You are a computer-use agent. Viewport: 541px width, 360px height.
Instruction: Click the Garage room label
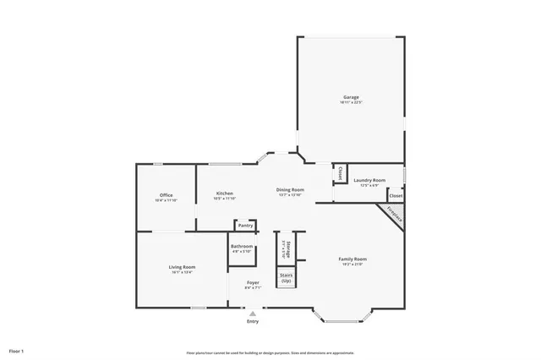[x=351, y=96]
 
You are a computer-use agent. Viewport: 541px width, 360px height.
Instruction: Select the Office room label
[x=166, y=194]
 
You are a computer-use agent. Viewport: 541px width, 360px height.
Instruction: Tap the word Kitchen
[x=224, y=194]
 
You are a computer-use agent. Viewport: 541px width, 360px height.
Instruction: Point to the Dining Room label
[x=290, y=189]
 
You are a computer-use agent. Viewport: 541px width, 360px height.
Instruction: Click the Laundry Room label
[x=369, y=180]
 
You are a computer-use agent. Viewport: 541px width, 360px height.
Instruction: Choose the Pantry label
[x=245, y=226]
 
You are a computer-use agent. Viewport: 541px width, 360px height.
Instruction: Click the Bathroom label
[x=242, y=246]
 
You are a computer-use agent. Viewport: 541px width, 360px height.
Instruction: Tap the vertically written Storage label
[x=288, y=248]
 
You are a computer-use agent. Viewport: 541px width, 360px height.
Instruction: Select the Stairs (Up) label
[x=286, y=277]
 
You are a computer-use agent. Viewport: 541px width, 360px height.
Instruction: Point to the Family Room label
[x=352, y=259]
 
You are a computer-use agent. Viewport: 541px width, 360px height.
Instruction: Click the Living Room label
[x=182, y=267]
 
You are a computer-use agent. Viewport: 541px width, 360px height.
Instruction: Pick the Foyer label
[x=253, y=282]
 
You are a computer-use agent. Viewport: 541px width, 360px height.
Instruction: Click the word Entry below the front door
[x=253, y=321]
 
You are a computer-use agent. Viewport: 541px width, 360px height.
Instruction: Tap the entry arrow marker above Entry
[x=252, y=313]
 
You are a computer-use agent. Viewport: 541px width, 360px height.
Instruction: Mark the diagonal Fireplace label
[x=394, y=214]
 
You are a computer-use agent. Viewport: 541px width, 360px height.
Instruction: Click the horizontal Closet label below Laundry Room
[x=395, y=195]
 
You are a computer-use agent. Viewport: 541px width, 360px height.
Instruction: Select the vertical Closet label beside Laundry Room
[x=340, y=173]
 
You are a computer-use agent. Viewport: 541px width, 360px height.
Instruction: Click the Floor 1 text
[x=17, y=350]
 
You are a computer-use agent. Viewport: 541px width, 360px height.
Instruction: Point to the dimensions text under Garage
[x=351, y=102]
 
